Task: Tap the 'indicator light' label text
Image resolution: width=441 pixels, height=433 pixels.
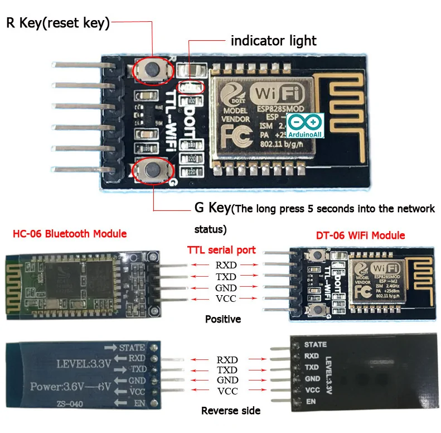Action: point(273,41)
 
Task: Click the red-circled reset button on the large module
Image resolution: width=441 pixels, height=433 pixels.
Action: point(152,69)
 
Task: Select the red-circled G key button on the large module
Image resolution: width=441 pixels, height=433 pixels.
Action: point(151,170)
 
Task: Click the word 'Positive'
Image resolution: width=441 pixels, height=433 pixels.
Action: point(223,319)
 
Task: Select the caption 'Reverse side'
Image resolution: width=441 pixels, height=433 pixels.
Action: point(231,411)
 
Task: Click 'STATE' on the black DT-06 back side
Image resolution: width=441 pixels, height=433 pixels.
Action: point(316,344)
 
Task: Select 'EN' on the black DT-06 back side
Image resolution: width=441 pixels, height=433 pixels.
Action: point(311,401)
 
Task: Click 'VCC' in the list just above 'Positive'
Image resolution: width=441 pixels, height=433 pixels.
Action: point(226,299)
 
